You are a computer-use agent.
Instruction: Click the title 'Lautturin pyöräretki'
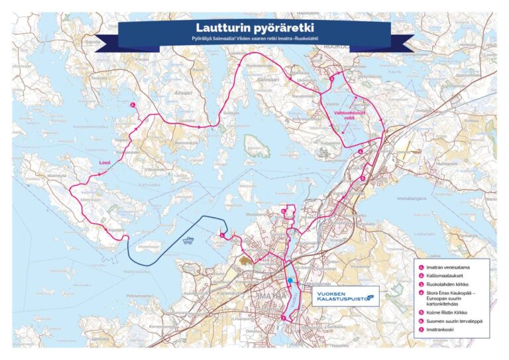[x=254, y=28]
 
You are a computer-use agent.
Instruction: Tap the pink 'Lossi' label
[x=105, y=161]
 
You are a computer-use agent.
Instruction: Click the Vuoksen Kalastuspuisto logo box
[x=343, y=296]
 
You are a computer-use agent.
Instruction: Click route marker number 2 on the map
[x=133, y=105]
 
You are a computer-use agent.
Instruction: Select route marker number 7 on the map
[x=283, y=319]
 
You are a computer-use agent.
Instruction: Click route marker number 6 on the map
[x=283, y=211]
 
